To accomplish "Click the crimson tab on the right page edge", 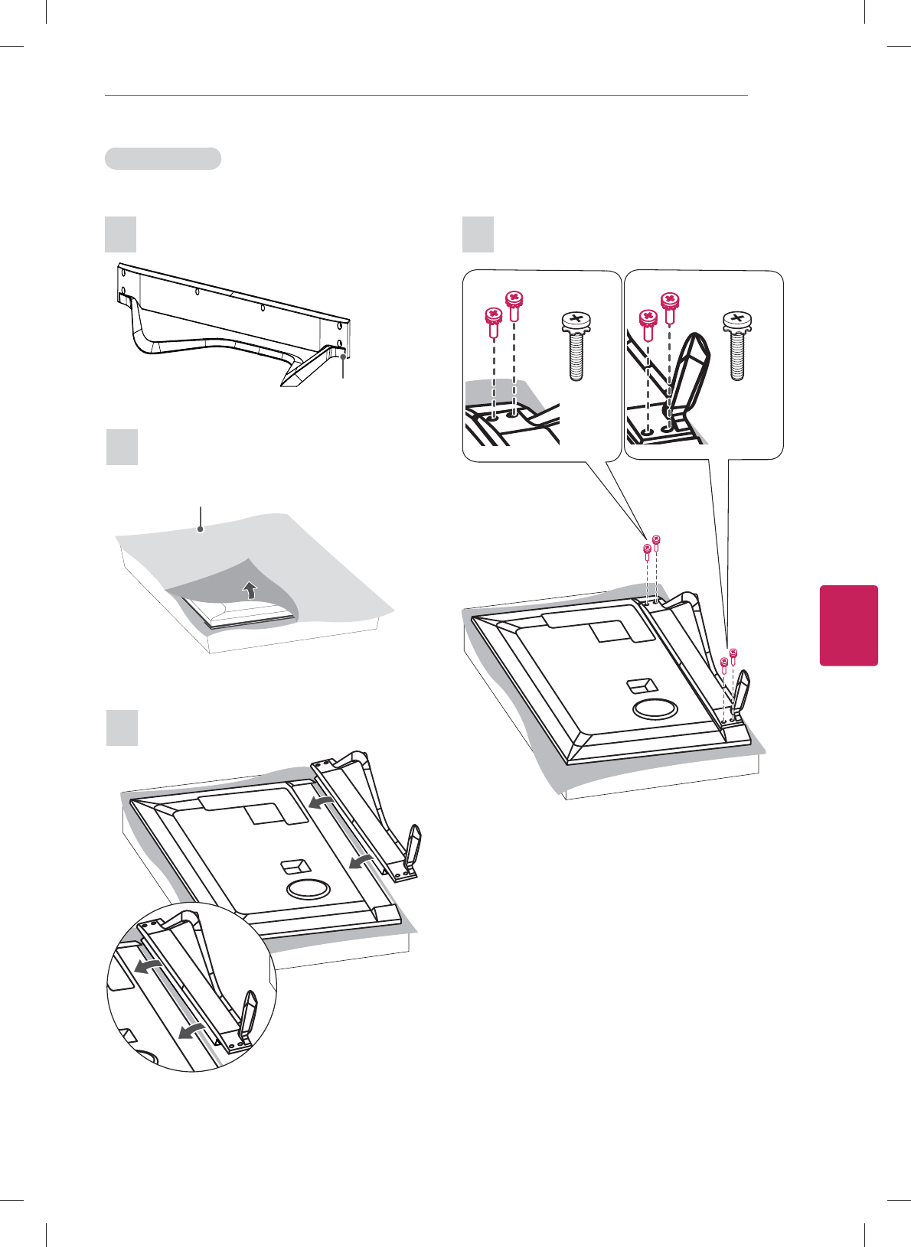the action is coord(849,625).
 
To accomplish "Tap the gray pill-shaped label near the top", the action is coord(163,158).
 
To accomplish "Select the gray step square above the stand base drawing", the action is coord(120,234).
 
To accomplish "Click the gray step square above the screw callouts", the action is coord(478,234).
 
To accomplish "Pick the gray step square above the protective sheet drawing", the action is coord(121,447).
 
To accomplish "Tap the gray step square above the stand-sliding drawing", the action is coord(121,728).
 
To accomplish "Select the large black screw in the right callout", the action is coord(737,345).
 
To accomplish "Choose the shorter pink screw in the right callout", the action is coord(648,324).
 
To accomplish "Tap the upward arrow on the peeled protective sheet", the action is coord(249,590).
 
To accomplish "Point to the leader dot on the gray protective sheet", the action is coord(201,529).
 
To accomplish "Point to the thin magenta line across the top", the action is coord(426,96).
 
